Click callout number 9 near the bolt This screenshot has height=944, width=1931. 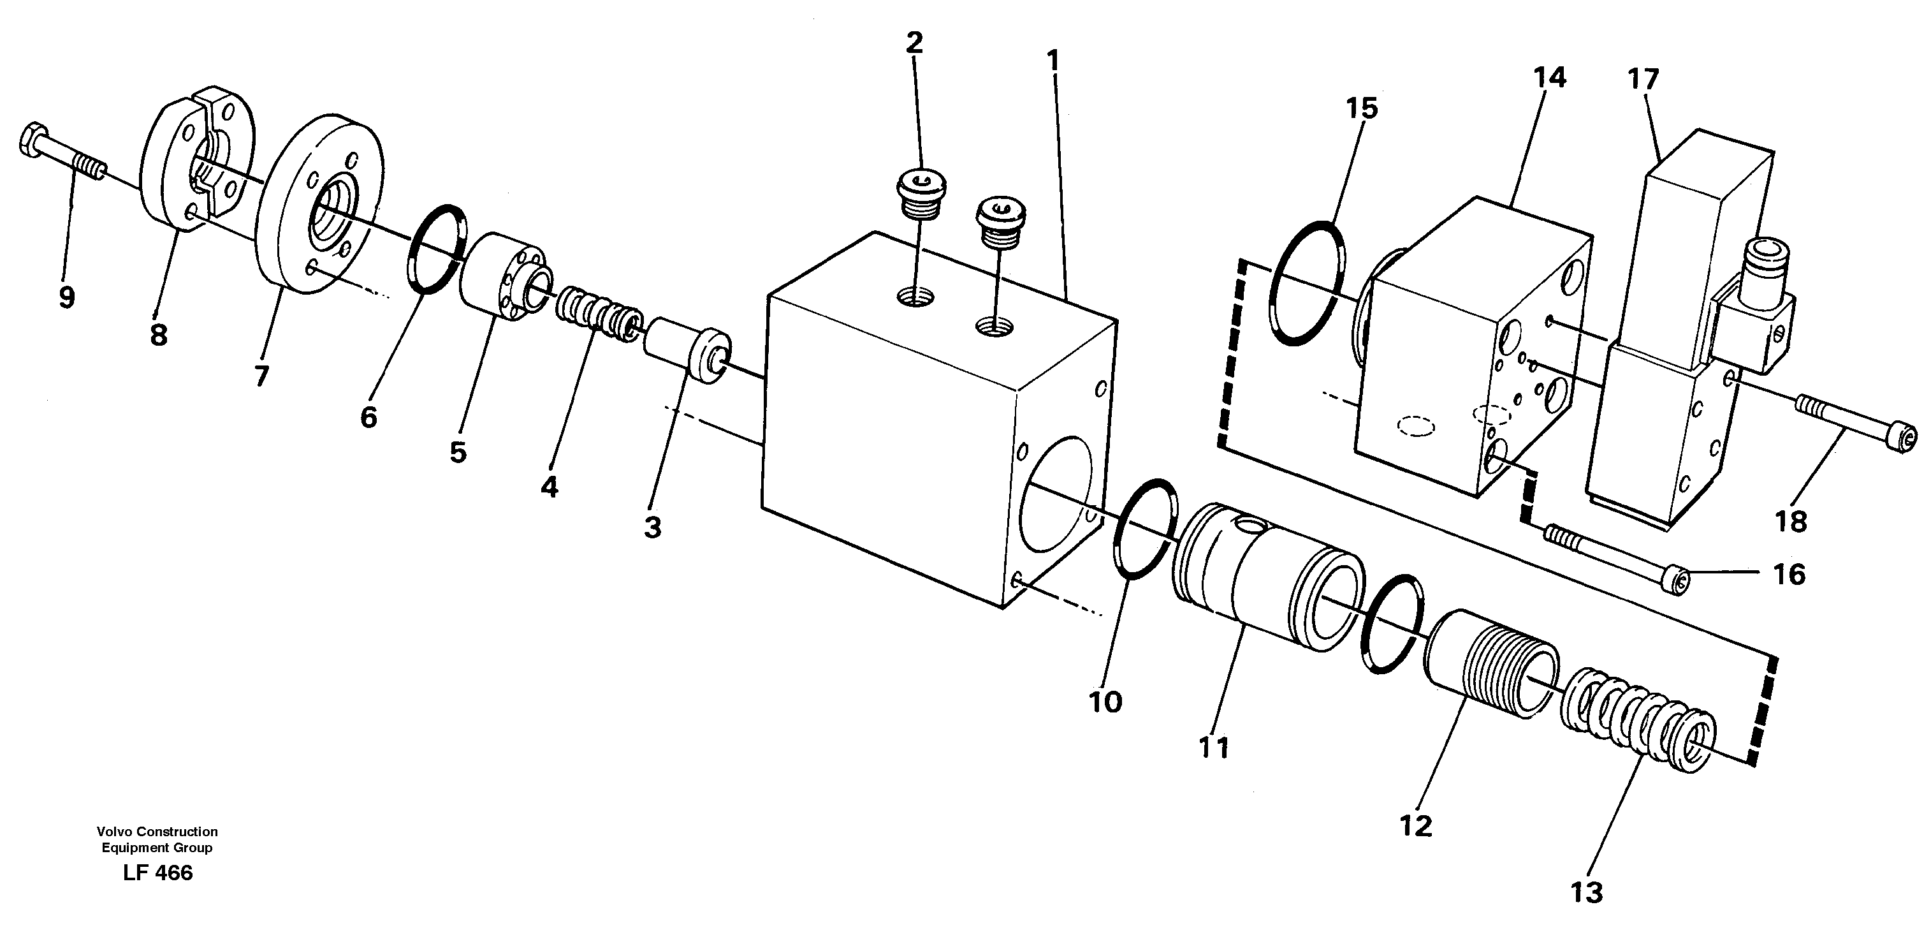(x=67, y=299)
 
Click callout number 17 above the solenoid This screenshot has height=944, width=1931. (x=1643, y=78)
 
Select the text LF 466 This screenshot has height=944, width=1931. (x=158, y=873)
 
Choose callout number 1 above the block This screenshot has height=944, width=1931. (x=1054, y=61)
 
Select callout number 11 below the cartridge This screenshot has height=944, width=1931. (x=1214, y=748)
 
